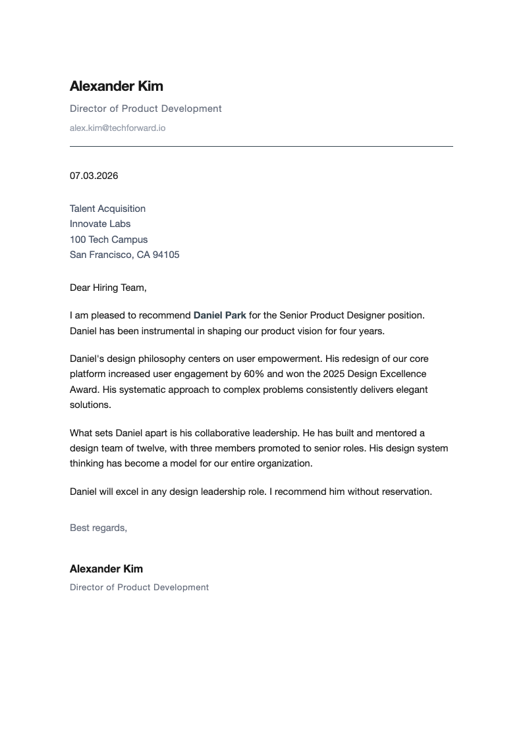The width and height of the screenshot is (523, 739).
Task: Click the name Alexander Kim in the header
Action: tap(116, 86)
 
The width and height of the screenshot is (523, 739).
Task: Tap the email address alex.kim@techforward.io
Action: tap(117, 128)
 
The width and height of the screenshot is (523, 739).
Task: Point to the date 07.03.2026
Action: tap(94, 176)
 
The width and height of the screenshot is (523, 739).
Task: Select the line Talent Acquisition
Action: tap(107, 209)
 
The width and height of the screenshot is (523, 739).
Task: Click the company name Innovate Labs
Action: tap(100, 224)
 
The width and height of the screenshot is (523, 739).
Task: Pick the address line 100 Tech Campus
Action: tap(109, 240)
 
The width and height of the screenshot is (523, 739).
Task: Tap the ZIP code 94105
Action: tap(166, 255)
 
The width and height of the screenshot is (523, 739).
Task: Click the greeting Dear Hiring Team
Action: tap(108, 288)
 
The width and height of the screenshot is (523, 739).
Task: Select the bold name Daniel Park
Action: tap(219, 315)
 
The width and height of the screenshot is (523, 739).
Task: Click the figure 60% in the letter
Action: tap(255, 374)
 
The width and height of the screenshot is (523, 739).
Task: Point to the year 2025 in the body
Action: tap(335, 374)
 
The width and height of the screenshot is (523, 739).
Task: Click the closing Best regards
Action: tap(98, 528)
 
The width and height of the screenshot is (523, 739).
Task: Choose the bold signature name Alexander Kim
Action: tap(106, 569)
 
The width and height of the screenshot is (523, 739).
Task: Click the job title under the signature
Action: tap(139, 587)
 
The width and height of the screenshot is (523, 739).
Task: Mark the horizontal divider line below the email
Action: tap(261, 146)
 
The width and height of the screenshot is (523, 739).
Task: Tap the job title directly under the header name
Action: tap(146, 109)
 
